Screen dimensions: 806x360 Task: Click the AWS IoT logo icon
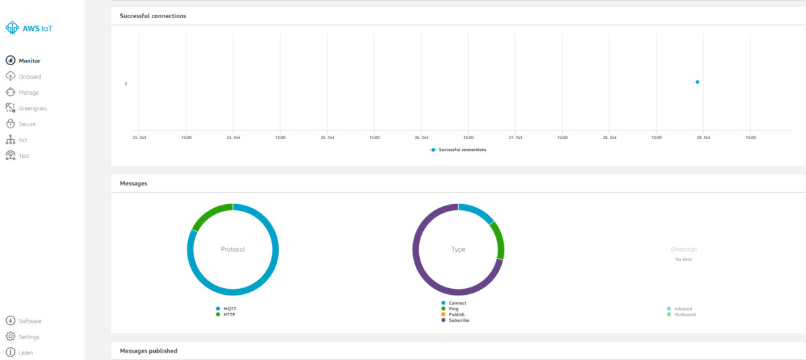[x=12, y=28]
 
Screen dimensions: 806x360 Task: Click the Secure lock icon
[x=11, y=124]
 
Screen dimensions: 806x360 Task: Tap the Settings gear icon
[x=11, y=336]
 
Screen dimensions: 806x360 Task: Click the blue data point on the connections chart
[x=697, y=82]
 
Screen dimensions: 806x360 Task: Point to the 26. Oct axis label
[x=421, y=138]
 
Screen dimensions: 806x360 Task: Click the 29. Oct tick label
[x=703, y=138]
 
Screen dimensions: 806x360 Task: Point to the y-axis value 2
[x=126, y=83]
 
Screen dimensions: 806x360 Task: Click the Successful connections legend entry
[x=458, y=150]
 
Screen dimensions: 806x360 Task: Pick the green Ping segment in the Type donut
[x=499, y=240]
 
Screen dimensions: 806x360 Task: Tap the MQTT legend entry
[x=226, y=308]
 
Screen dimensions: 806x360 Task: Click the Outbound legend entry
[x=681, y=314]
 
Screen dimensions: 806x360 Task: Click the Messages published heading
[x=148, y=351]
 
